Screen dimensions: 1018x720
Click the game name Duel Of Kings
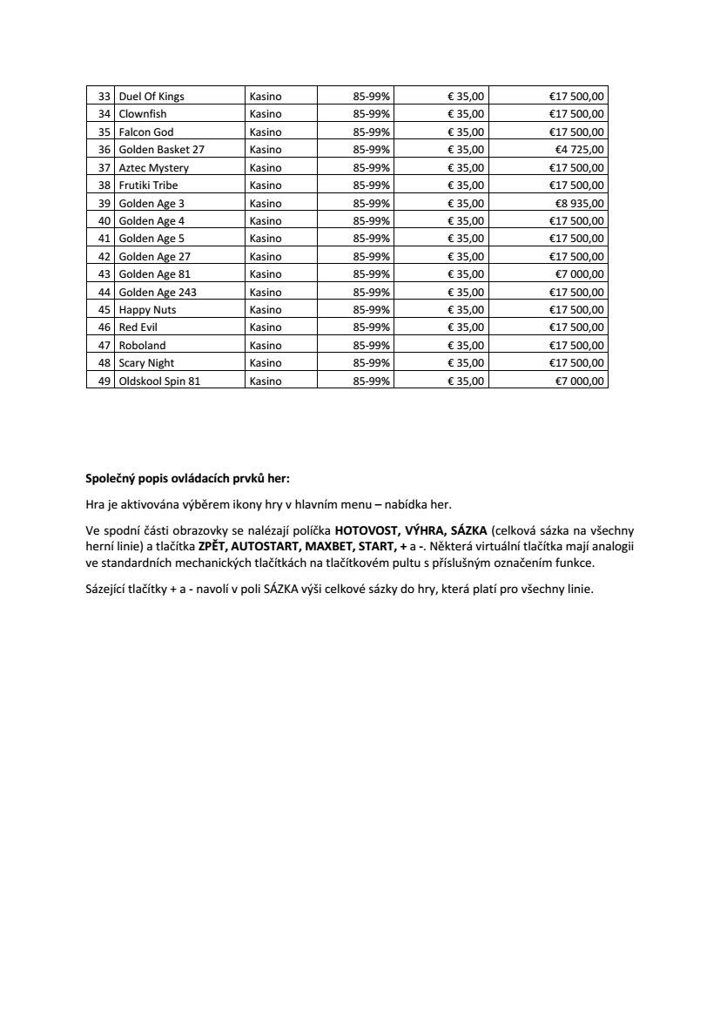coord(151,97)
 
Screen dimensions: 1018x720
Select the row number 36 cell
coord(104,150)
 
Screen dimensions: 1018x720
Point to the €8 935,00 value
coord(580,203)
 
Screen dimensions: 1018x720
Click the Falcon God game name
coord(146,132)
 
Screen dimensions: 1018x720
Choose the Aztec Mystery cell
coord(153,167)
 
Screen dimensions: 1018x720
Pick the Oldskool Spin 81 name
coord(159,381)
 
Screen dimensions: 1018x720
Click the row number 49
coord(104,381)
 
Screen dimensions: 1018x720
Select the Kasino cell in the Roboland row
coord(266,345)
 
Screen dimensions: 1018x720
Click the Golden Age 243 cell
coord(158,292)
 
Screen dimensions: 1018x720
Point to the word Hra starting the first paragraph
coord(95,503)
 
